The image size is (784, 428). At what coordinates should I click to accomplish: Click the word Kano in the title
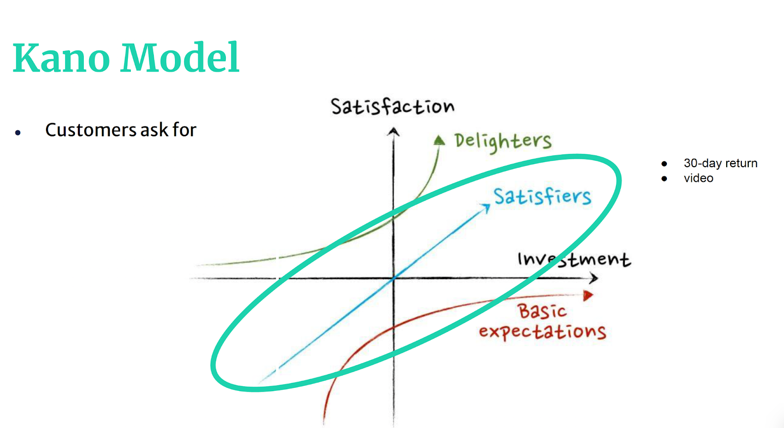pyautogui.click(x=62, y=57)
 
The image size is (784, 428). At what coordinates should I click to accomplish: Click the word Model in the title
pyautogui.click(x=180, y=57)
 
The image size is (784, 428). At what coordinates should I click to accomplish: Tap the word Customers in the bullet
pyautogui.click(x=91, y=130)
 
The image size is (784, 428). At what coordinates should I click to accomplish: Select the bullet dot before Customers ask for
pyautogui.click(x=18, y=132)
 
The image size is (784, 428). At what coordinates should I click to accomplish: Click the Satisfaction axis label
pyautogui.click(x=392, y=106)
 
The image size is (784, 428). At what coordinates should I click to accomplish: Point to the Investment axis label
pyautogui.click(x=574, y=259)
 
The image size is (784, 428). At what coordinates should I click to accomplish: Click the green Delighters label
pyautogui.click(x=503, y=142)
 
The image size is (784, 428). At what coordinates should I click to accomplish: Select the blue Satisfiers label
pyautogui.click(x=542, y=197)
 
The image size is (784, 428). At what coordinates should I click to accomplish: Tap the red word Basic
pyautogui.click(x=542, y=311)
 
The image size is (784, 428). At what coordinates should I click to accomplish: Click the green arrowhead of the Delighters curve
pyautogui.click(x=439, y=140)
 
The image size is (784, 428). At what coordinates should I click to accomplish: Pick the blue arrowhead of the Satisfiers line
pyautogui.click(x=486, y=208)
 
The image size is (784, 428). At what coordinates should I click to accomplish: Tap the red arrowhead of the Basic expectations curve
pyautogui.click(x=588, y=296)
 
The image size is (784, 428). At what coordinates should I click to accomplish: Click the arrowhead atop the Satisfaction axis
pyautogui.click(x=393, y=131)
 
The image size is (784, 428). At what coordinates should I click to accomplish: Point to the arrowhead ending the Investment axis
pyautogui.click(x=593, y=278)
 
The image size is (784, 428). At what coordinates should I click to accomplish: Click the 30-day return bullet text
pyautogui.click(x=720, y=163)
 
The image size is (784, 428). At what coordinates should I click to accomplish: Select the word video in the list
pyautogui.click(x=698, y=178)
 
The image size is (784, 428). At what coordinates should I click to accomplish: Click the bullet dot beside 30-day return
pyautogui.click(x=664, y=164)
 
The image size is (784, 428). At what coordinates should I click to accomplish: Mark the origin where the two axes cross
pyautogui.click(x=393, y=278)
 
